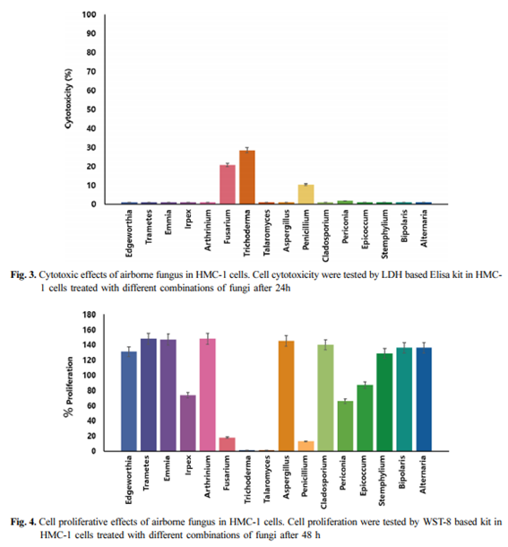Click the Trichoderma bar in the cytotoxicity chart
pos(247,177)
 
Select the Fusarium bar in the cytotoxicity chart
pos(228,184)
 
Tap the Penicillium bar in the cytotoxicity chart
pos(306,195)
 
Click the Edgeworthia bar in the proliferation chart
pos(129,401)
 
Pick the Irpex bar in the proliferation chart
pos(187,423)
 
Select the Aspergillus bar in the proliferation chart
pos(286,396)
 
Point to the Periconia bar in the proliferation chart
pos(345,426)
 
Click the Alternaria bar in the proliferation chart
pos(424,399)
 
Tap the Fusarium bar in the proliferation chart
pos(228,444)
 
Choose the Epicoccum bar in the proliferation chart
pos(365,418)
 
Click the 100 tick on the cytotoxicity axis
pos(89,14)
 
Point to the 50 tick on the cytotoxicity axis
pos(91,109)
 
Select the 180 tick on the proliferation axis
pos(89,315)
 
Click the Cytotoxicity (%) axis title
pos(69,99)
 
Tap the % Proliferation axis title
pos(69,386)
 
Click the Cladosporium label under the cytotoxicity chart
pos(325,236)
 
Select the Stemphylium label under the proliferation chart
pos(383,481)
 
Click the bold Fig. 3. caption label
pos(23,275)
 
